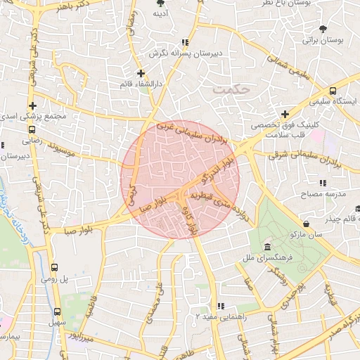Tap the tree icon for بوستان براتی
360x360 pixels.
point(323,29)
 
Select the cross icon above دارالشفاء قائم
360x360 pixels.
point(141,72)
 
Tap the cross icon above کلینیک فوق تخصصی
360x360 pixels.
point(285,114)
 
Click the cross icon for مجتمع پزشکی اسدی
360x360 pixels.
point(32,105)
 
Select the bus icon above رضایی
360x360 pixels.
point(32,129)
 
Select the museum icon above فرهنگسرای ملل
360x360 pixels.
point(267,247)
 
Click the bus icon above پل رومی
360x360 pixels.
point(56,268)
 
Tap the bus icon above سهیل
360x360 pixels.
point(57,311)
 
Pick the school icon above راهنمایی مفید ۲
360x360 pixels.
point(221,307)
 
